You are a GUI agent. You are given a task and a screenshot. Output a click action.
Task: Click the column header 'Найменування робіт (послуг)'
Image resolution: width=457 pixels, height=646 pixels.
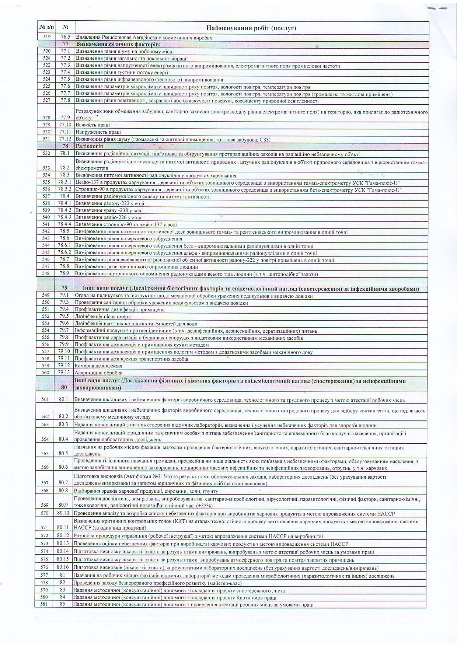click(251, 28)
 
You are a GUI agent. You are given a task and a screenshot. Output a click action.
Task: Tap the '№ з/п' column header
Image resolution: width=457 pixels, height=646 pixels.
click(47, 27)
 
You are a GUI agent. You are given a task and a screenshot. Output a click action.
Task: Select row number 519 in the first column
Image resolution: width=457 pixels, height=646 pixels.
click(47, 37)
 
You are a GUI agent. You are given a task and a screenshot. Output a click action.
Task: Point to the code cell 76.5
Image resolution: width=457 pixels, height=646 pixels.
click(66, 37)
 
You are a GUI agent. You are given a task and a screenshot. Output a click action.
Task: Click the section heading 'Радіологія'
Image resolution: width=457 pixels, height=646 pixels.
click(84, 146)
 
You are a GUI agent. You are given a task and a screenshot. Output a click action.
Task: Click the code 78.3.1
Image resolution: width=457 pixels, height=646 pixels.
click(65, 182)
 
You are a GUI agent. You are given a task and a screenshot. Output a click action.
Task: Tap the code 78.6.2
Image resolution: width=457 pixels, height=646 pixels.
click(65, 252)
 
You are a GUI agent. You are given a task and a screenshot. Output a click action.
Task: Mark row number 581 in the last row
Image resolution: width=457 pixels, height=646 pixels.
click(44, 604)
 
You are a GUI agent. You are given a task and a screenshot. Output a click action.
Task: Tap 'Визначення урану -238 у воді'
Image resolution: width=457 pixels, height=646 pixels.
click(109, 210)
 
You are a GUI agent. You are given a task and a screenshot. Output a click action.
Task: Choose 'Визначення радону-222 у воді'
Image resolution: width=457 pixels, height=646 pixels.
click(109, 203)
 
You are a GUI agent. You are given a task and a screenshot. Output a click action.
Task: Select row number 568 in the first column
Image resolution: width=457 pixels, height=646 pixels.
click(45, 490)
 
